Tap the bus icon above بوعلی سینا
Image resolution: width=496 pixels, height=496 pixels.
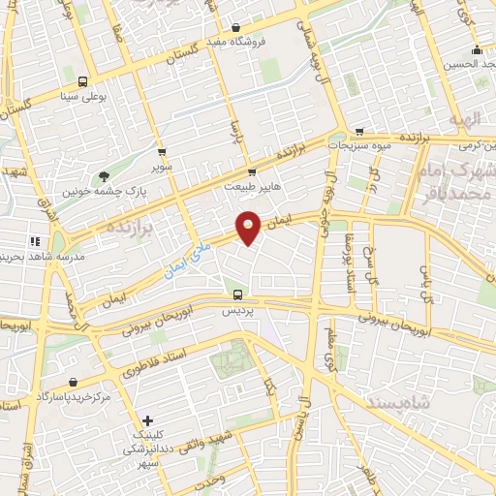click(82, 81)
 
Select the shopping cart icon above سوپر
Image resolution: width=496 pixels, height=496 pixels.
click(162, 152)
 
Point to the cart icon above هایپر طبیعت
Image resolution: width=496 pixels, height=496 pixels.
click(252, 172)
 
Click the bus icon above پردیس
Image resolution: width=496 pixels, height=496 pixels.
click(237, 294)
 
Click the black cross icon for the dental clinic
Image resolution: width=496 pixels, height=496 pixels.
click(146, 420)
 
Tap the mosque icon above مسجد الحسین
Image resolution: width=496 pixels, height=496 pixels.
click(476, 50)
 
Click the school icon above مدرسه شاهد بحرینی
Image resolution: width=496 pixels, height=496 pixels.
click(35, 241)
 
